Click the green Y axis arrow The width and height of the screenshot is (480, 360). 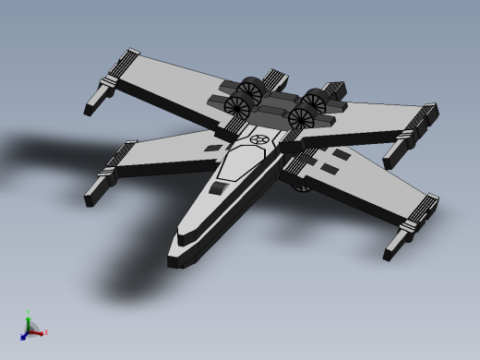pos(29,319)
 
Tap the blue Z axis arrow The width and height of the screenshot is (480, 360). pos(23,337)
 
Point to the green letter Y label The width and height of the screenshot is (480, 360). pos(28,312)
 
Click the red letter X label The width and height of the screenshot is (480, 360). pos(46,332)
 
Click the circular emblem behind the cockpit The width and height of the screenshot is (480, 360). pos(260,139)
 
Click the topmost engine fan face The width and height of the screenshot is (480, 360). pos(249,90)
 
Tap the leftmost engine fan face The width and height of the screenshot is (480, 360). pos(237,108)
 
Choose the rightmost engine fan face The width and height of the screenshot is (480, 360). pos(315,102)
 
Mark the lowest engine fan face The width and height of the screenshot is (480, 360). pos(301,119)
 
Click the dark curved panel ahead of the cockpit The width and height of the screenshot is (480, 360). pos(219,188)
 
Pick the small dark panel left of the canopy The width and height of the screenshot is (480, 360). pos(213,148)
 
